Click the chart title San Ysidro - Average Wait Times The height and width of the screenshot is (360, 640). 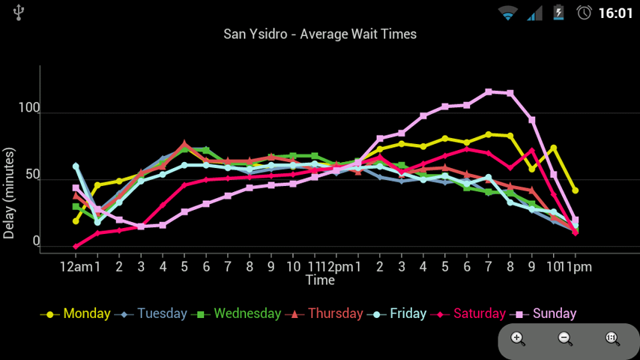(320, 34)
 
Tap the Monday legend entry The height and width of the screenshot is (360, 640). (86, 313)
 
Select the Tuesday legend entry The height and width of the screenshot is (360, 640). (161, 313)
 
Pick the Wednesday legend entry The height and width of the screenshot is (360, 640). (247, 313)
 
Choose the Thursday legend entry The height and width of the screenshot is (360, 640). (334, 313)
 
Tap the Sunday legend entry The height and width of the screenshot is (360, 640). (554, 313)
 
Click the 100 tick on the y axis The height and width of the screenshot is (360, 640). (29, 109)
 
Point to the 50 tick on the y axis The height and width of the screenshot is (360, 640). (31, 175)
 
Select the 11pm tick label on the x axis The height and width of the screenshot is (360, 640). (579, 267)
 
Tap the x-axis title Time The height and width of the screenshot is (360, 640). (320, 280)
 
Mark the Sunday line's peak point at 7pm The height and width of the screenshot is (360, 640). (489, 91)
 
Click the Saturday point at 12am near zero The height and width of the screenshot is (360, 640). (76, 246)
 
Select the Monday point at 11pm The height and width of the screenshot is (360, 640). (575, 190)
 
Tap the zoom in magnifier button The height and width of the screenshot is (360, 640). (518, 338)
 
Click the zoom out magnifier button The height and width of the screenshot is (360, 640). (565, 338)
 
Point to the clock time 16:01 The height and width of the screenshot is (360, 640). (615, 13)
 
